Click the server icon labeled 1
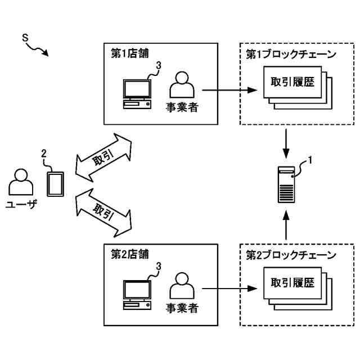click(x=286, y=184)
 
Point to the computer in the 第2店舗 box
click(x=137, y=294)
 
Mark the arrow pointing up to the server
click(x=286, y=225)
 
